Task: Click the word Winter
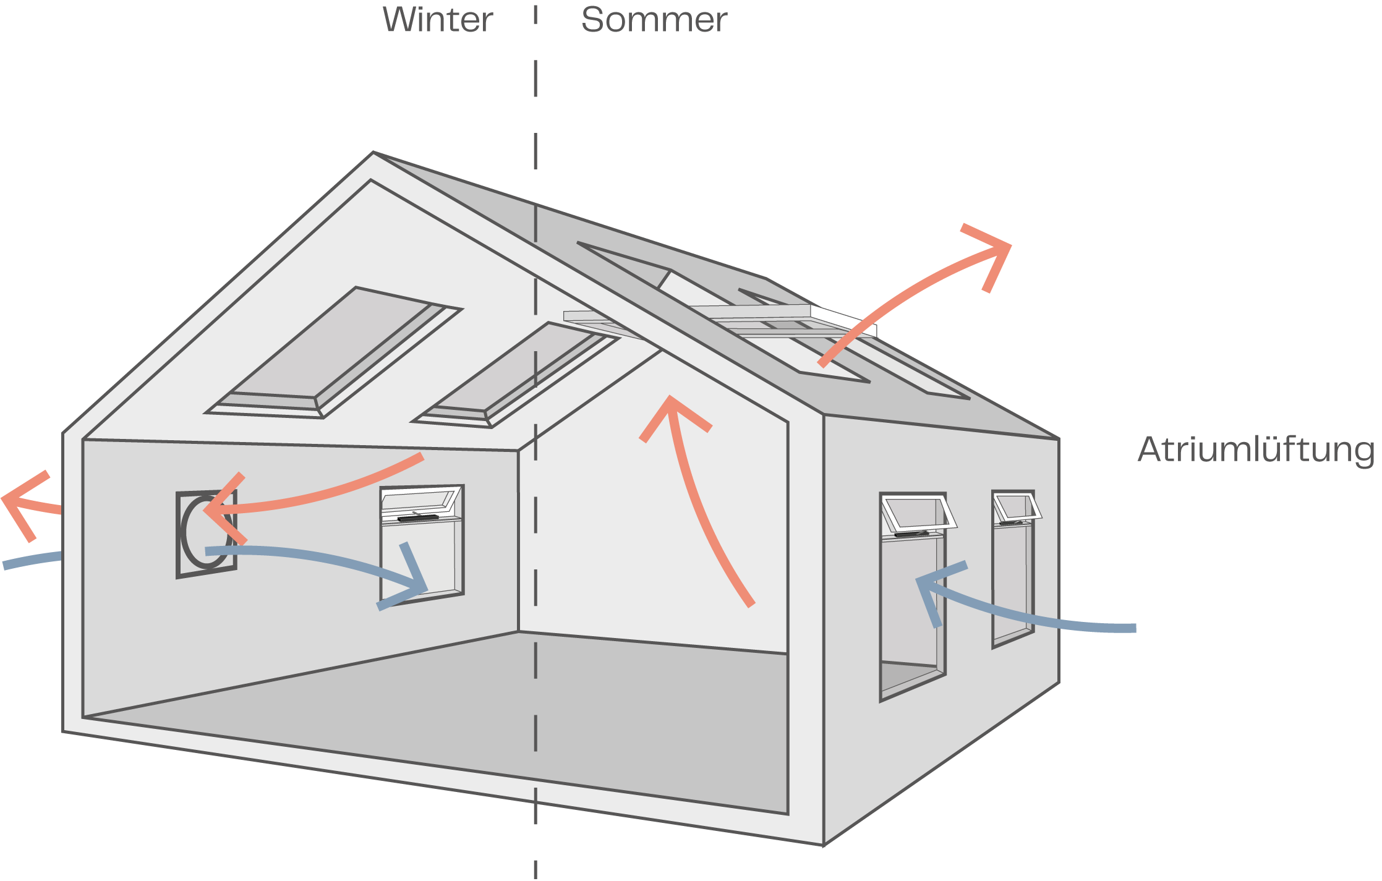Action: [x=437, y=20]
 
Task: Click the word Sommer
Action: [x=654, y=20]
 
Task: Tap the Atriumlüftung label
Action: [x=1256, y=449]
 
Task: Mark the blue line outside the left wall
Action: [x=31, y=560]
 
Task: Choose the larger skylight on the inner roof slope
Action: [x=334, y=352]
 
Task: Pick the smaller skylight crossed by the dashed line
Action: [x=516, y=374]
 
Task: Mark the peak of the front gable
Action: [x=373, y=155]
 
